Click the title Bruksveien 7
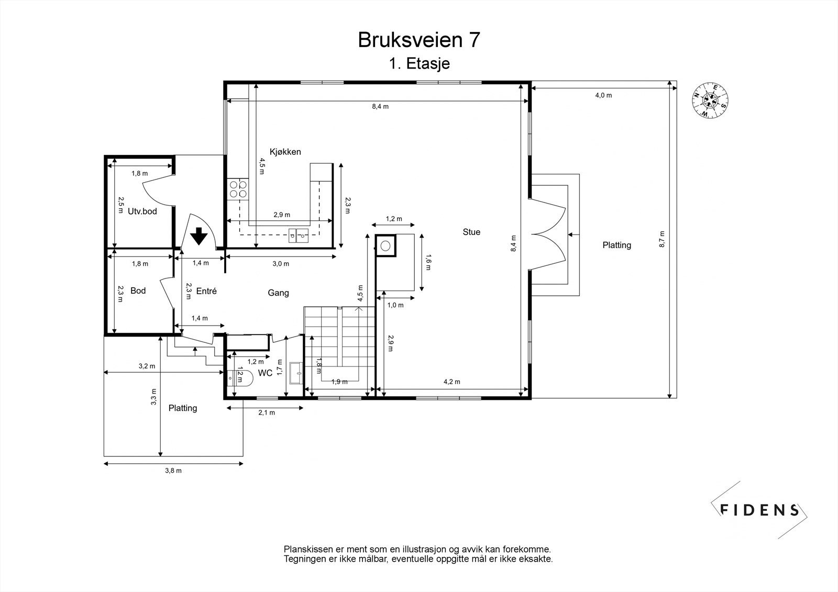[x=418, y=40]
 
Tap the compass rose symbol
[x=710, y=100]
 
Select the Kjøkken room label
[x=285, y=152]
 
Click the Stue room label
[x=471, y=232]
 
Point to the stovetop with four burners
[x=238, y=189]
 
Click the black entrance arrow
[x=199, y=236]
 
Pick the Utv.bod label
[x=142, y=211]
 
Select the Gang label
[x=278, y=293]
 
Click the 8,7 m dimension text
[x=662, y=239]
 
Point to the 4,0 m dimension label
[x=603, y=95]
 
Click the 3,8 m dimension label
[x=173, y=471]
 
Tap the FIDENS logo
[x=759, y=510]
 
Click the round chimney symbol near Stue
[x=385, y=245]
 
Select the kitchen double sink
[x=298, y=236]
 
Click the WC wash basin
[x=296, y=373]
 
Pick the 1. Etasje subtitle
[x=420, y=63]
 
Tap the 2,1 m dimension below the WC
[x=267, y=412]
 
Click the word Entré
[x=206, y=291]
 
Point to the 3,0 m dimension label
[x=281, y=264]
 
